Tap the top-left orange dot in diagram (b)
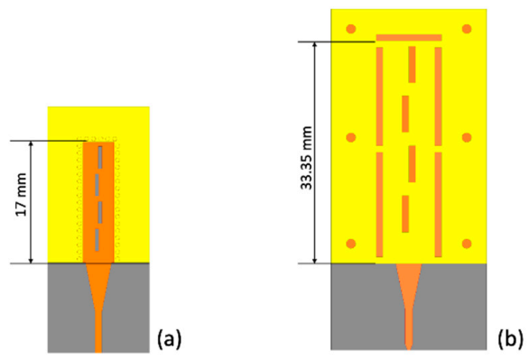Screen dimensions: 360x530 (351, 29)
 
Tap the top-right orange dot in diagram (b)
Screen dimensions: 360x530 (467, 29)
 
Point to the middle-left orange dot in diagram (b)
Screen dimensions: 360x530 (351, 138)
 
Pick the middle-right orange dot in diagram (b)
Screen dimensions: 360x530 (467, 138)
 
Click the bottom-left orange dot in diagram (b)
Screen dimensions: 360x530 (351, 243)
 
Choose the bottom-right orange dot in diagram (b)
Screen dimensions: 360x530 (467, 243)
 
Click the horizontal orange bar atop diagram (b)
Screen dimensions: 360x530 (409, 37)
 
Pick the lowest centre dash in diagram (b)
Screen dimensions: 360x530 (406, 214)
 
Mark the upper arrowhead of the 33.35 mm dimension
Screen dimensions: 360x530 (314, 45)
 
